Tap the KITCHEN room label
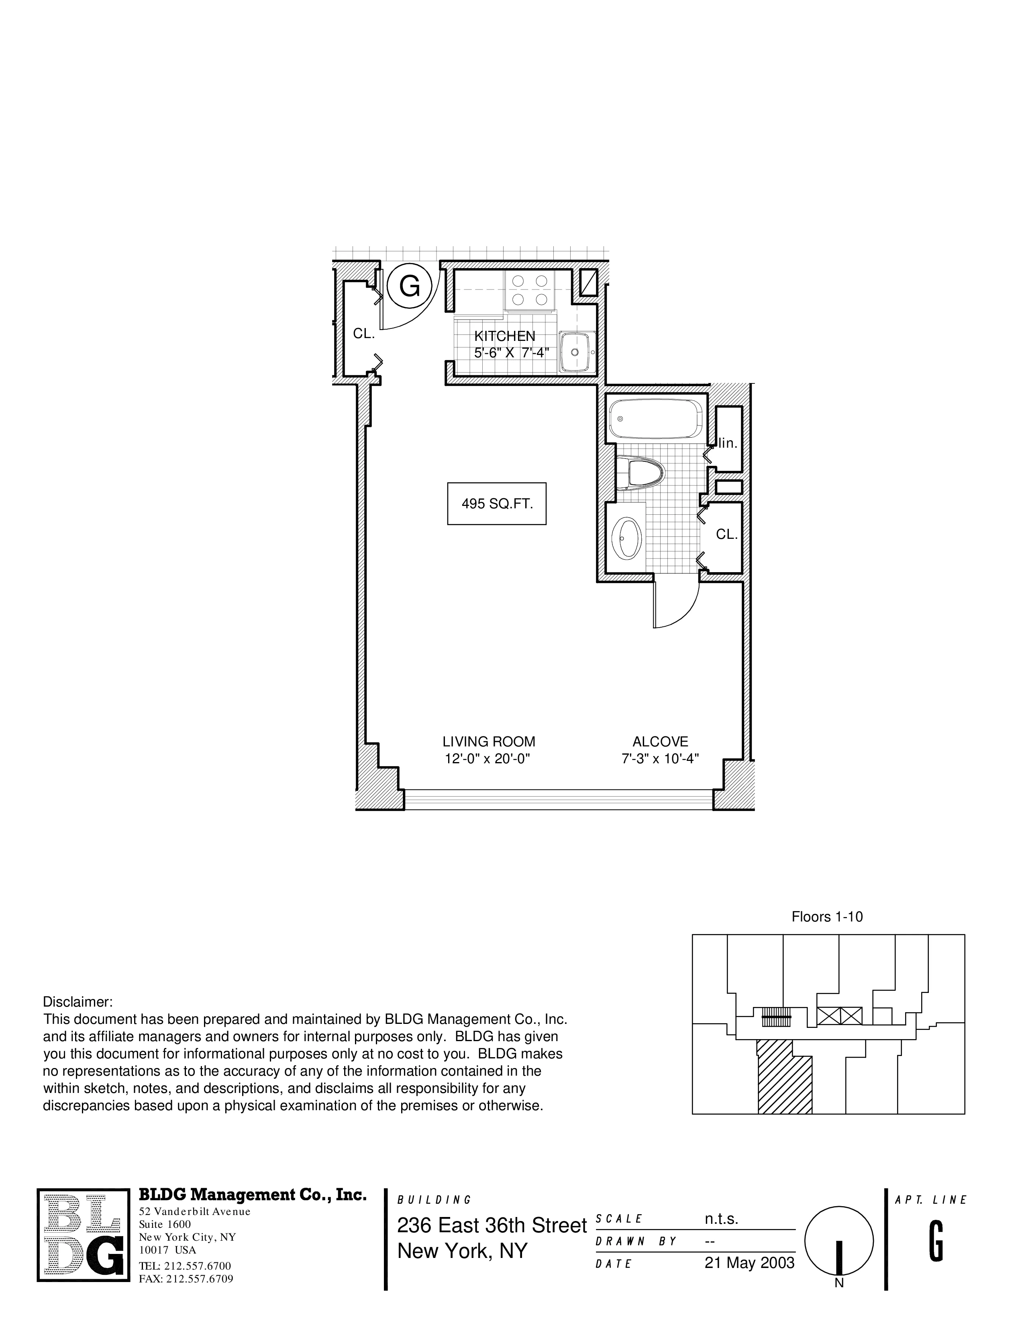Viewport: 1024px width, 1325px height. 505,336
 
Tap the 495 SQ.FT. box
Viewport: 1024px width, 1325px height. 497,503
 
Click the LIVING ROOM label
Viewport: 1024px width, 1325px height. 488,741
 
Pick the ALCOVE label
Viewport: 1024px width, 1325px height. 660,741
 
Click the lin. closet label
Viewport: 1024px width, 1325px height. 728,443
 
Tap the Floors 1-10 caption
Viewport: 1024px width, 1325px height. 827,917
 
